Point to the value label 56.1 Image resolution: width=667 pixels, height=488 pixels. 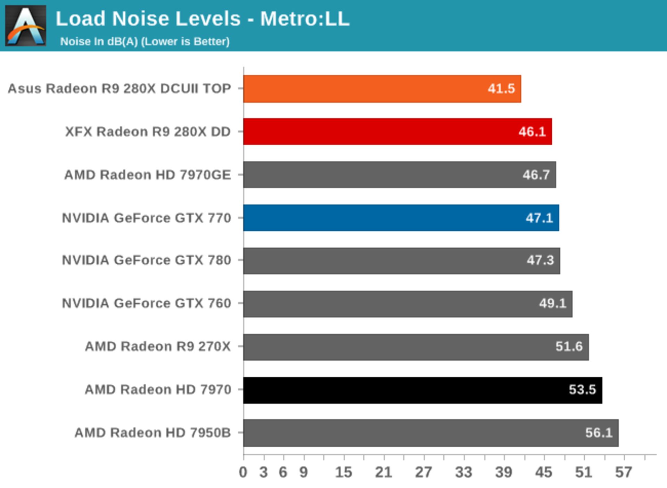pos(599,433)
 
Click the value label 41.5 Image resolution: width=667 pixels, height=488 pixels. pos(501,89)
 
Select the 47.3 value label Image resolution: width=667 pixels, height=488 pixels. pos(540,260)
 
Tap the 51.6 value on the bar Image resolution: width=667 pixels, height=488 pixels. pos(569,346)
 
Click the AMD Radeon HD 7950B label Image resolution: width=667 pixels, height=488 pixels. pos(153,433)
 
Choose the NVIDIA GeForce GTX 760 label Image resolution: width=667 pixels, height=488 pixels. pos(146,303)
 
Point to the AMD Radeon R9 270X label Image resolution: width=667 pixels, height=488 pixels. pos(158,346)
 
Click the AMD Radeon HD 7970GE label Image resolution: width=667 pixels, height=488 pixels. pos(147,175)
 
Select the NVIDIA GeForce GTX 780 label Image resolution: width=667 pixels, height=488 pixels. pos(146,260)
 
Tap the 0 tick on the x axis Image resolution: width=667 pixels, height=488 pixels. pos(243,472)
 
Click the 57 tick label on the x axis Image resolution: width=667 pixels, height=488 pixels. pos(624,472)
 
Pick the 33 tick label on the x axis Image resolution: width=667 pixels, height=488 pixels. pos(463,472)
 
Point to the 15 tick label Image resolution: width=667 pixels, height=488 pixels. pos(344,472)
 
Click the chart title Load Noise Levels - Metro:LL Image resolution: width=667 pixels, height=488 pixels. pos(203,19)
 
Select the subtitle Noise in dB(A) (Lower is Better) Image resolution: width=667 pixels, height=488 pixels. pos(145,42)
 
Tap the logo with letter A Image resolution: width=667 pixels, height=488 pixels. pos(26,25)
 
